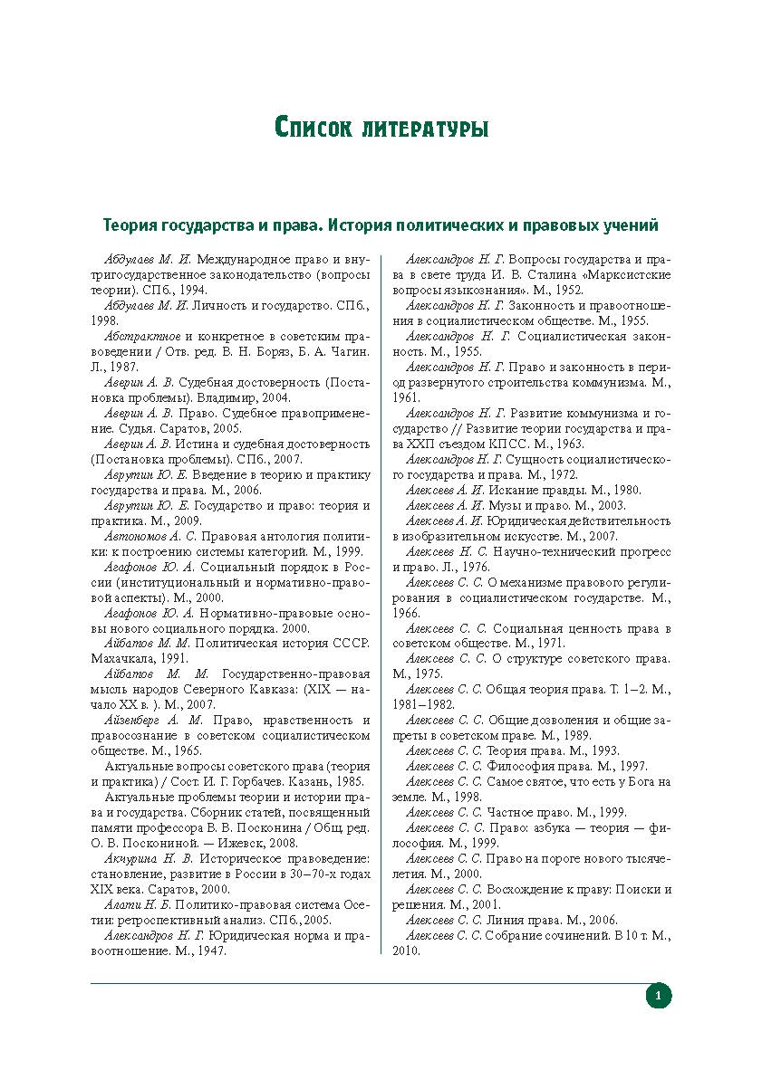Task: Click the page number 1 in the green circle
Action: [x=658, y=997]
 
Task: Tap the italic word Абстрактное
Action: [x=142, y=335]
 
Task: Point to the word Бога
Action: [x=640, y=781]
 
